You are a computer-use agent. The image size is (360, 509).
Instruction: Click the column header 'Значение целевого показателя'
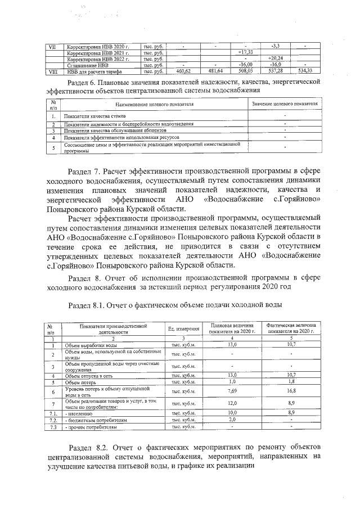(284, 105)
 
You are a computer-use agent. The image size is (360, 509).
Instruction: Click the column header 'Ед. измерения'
(183, 329)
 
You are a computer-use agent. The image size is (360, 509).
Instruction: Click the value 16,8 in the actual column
(291, 391)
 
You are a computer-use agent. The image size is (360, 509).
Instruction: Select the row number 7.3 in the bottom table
(54, 427)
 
